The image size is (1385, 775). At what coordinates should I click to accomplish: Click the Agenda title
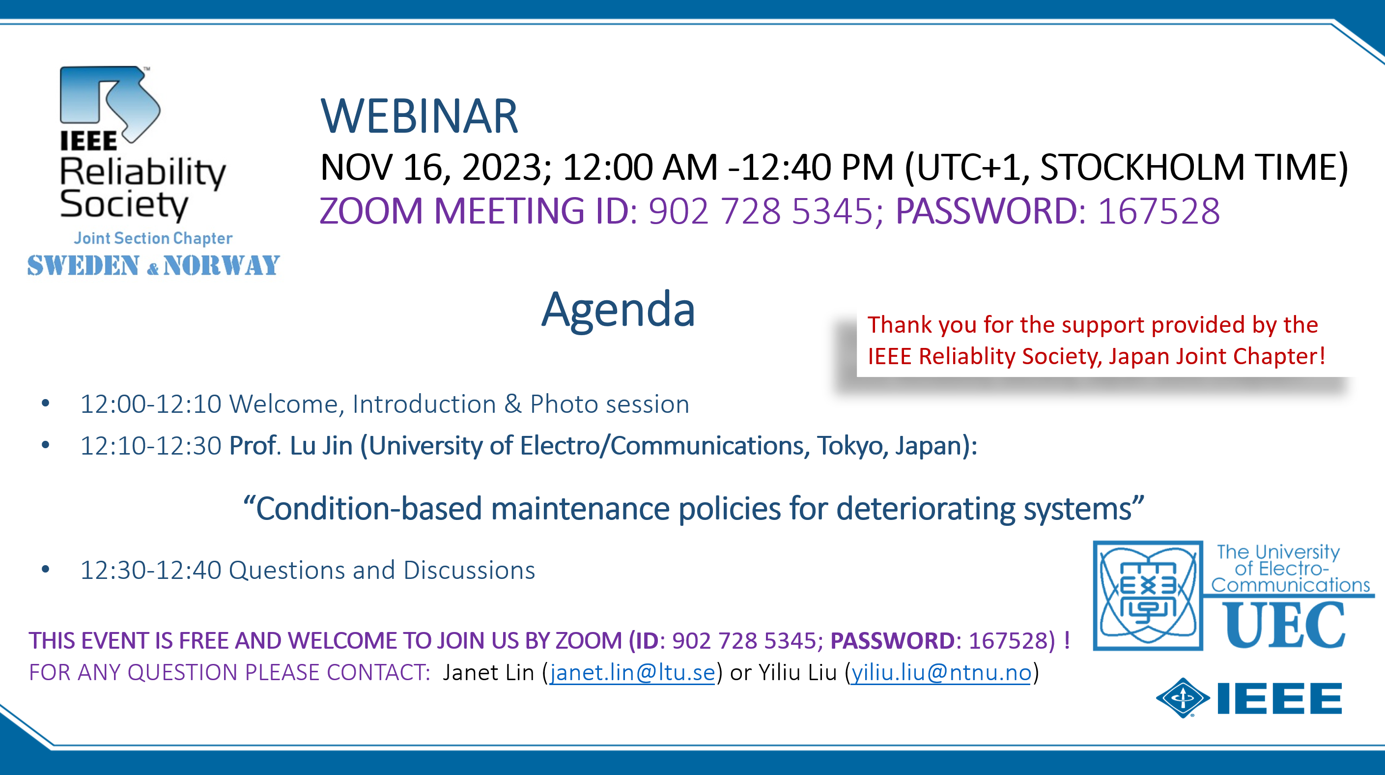tap(618, 310)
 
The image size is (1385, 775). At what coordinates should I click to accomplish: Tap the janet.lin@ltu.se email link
tap(632, 672)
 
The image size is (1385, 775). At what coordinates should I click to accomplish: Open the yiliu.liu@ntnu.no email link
tap(941, 672)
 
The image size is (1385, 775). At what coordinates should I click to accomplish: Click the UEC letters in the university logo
tap(1284, 625)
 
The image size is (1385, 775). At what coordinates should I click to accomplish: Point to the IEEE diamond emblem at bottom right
tap(1183, 698)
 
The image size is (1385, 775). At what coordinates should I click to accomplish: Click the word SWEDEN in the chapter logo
tap(84, 266)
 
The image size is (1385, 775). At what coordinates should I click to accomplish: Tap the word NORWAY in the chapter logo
tap(222, 266)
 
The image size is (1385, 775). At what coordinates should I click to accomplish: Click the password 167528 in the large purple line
tap(1159, 211)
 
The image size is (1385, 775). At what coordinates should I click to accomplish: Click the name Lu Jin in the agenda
tap(321, 446)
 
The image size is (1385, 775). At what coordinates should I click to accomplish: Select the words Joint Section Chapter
tap(153, 238)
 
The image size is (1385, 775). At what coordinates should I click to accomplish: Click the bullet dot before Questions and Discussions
tap(46, 569)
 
